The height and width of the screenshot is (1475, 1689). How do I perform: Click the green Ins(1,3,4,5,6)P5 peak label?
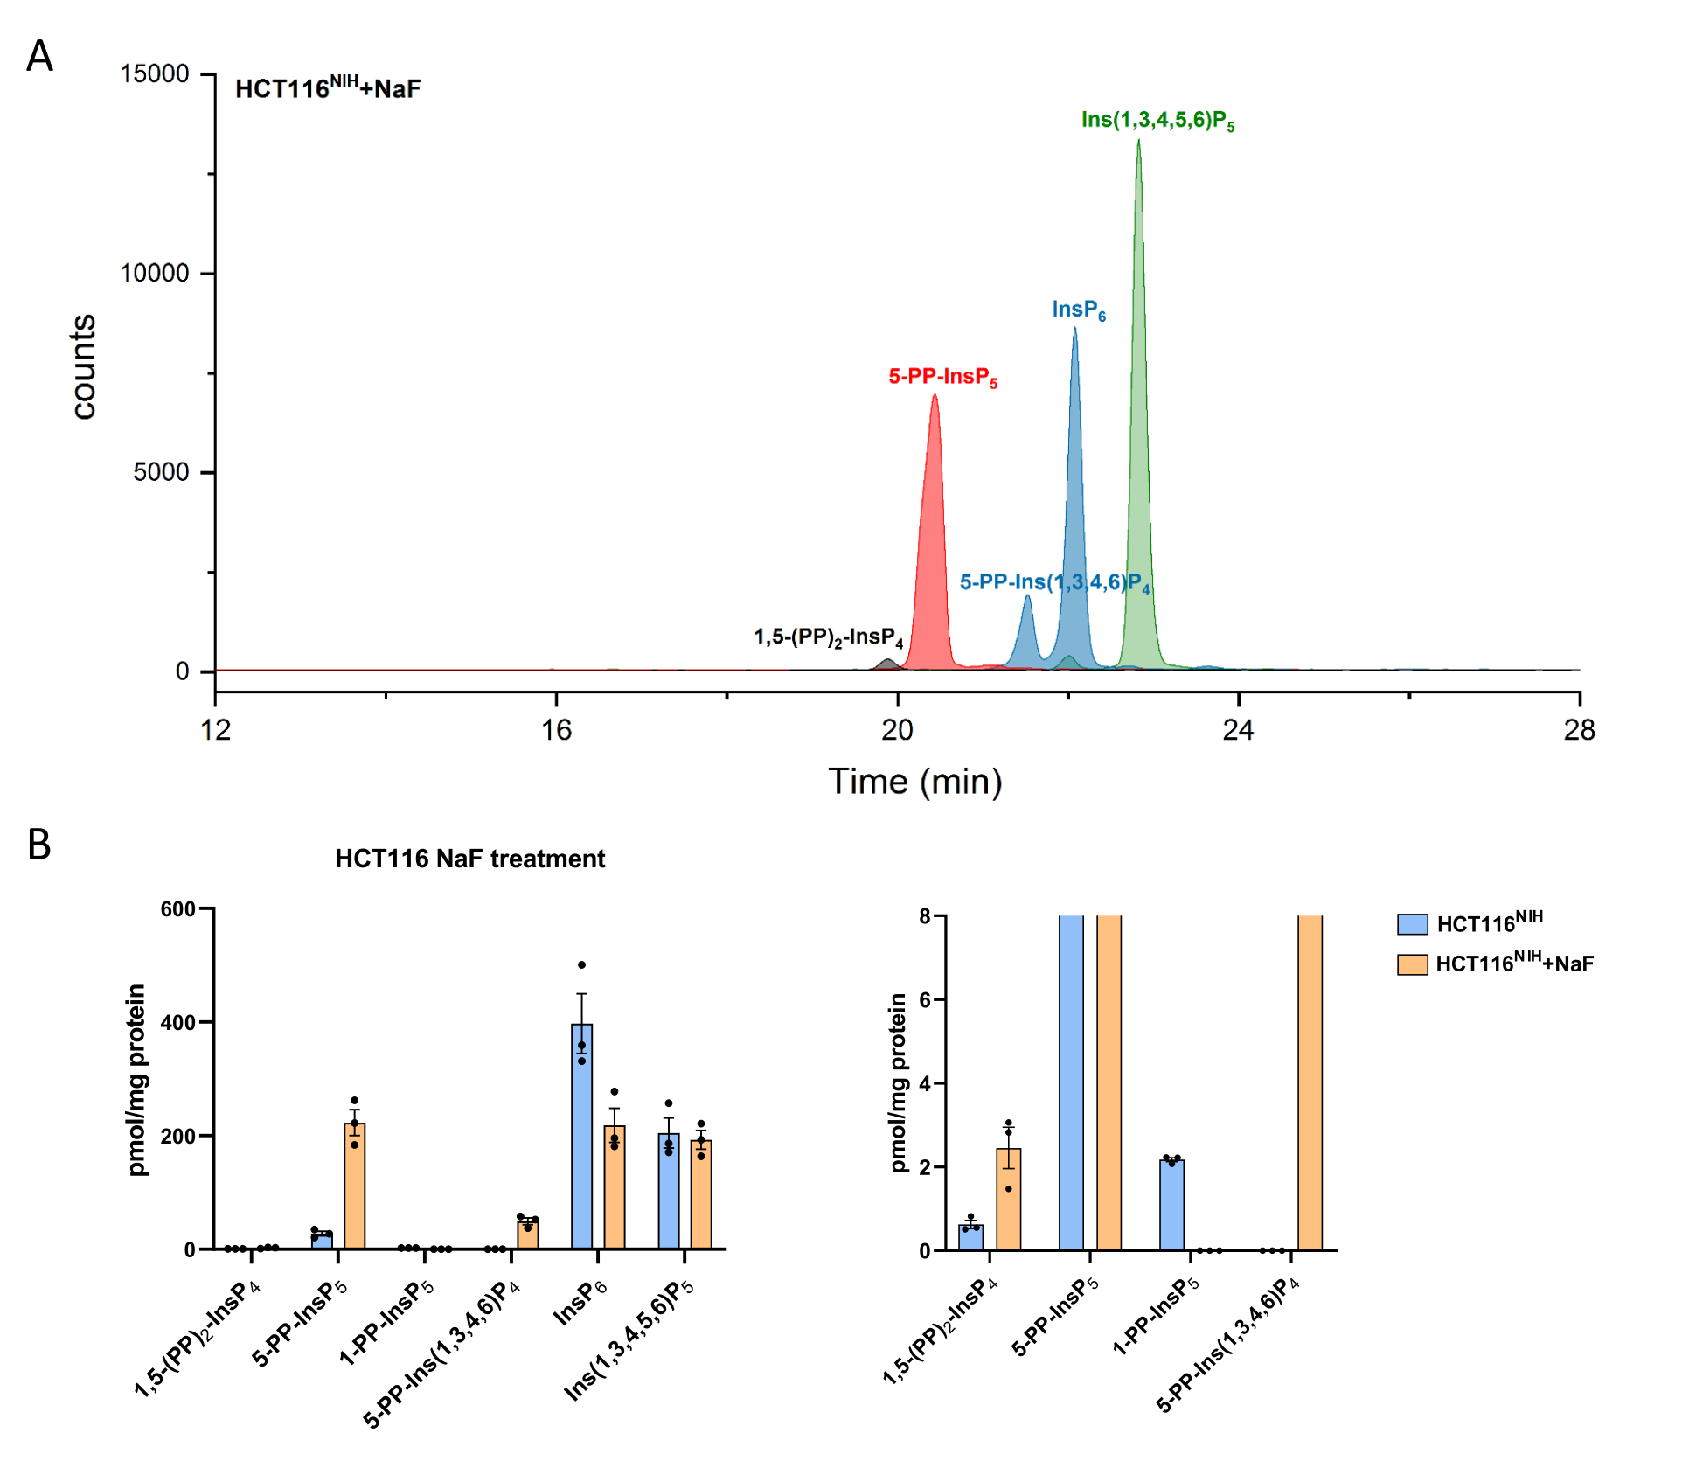tap(1157, 120)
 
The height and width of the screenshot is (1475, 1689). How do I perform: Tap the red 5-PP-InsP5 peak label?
tap(942, 377)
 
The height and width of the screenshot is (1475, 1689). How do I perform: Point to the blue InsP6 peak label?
tap(1078, 310)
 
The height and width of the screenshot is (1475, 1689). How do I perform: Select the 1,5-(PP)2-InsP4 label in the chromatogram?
tap(828, 637)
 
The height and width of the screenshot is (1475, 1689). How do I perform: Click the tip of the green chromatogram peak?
tap(1138, 141)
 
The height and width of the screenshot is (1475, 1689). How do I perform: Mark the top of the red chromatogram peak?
tap(935, 395)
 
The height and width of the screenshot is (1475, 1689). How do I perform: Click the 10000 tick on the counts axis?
tap(155, 273)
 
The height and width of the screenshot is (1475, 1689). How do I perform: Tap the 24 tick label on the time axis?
tap(1238, 730)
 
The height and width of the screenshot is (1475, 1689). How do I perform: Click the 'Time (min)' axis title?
tap(914, 781)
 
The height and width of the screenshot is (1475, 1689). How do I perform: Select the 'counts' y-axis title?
tap(83, 367)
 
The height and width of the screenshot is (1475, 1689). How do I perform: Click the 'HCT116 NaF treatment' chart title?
tap(469, 859)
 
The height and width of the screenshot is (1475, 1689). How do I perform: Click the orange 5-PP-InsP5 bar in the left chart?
tap(354, 1185)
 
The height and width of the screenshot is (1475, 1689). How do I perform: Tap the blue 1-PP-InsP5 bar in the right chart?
tap(1171, 1204)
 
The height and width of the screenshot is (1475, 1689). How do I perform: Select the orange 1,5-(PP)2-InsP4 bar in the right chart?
tap(1008, 1199)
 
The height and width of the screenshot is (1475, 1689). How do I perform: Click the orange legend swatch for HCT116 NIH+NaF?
tap(1412, 964)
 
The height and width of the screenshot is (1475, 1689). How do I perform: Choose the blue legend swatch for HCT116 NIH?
tap(1412, 924)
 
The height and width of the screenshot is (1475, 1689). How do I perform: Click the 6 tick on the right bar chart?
tap(926, 999)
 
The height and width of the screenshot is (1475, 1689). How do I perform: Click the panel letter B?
tap(39, 845)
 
